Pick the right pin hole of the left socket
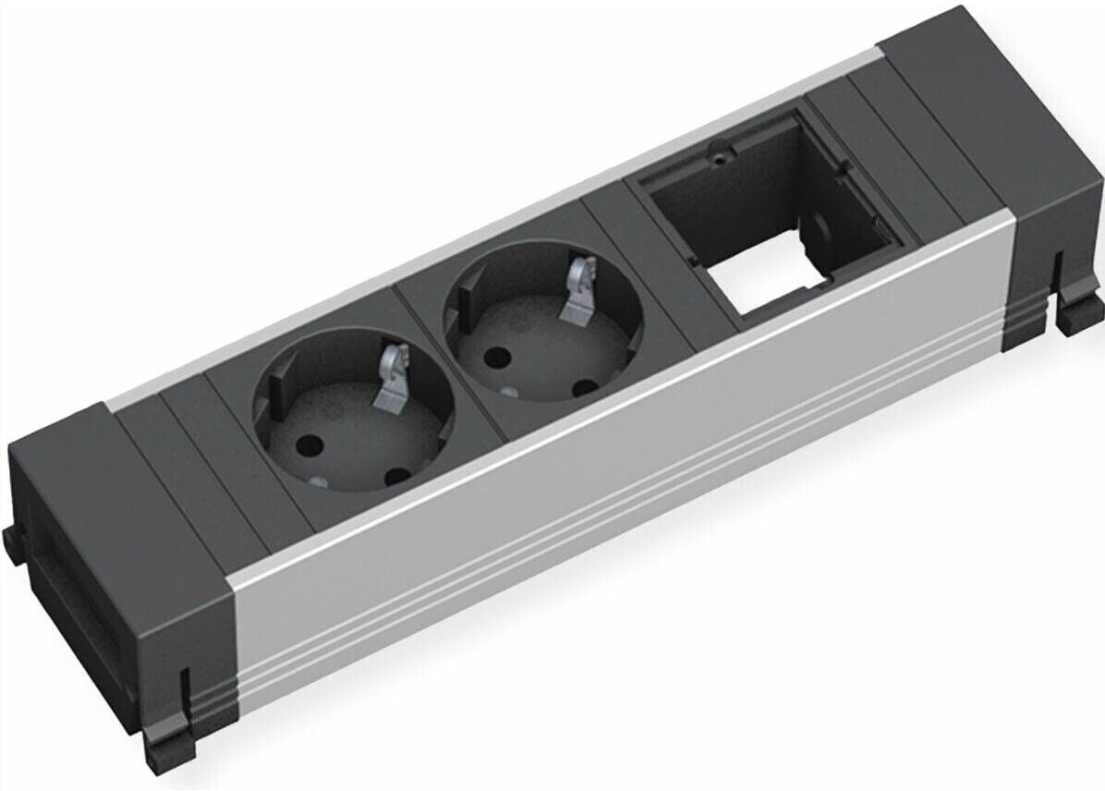[x=397, y=476]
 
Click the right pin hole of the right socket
[x=582, y=388]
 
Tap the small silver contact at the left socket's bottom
[x=317, y=481]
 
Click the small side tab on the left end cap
[x=11, y=545]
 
